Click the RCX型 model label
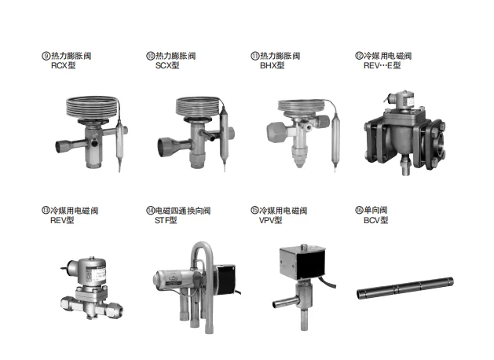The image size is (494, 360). [63, 65]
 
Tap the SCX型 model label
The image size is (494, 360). [167, 65]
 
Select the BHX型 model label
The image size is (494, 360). [272, 65]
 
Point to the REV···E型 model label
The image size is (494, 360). [382, 65]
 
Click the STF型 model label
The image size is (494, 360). [166, 220]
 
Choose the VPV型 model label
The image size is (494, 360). [270, 220]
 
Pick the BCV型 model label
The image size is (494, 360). [375, 220]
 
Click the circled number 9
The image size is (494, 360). [46, 56]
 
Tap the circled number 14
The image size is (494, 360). [150, 211]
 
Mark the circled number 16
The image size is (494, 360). [359, 210]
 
